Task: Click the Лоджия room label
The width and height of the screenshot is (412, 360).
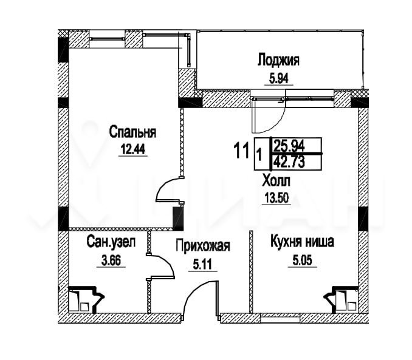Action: coord(278,61)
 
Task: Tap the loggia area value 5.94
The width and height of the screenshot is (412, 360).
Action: coord(278,78)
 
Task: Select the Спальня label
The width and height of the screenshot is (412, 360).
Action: coord(132,132)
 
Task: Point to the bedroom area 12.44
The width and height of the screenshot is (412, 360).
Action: coord(132,150)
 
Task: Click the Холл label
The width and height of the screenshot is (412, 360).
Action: coord(276,181)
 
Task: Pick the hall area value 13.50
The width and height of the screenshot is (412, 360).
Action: coord(276,198)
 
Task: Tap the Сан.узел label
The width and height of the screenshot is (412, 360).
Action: coord(111,242)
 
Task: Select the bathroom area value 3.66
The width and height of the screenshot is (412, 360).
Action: coord(111,261)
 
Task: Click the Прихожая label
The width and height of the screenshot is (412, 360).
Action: coord(203,246)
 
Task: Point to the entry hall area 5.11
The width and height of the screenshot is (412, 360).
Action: coord(202,265)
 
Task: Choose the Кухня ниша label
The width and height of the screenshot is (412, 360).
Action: coord(302,242)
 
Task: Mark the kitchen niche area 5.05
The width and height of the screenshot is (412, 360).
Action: coord(302,261)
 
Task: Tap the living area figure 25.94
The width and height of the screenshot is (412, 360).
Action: coord(289,145)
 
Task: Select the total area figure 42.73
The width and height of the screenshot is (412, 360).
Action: coord(289,161)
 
